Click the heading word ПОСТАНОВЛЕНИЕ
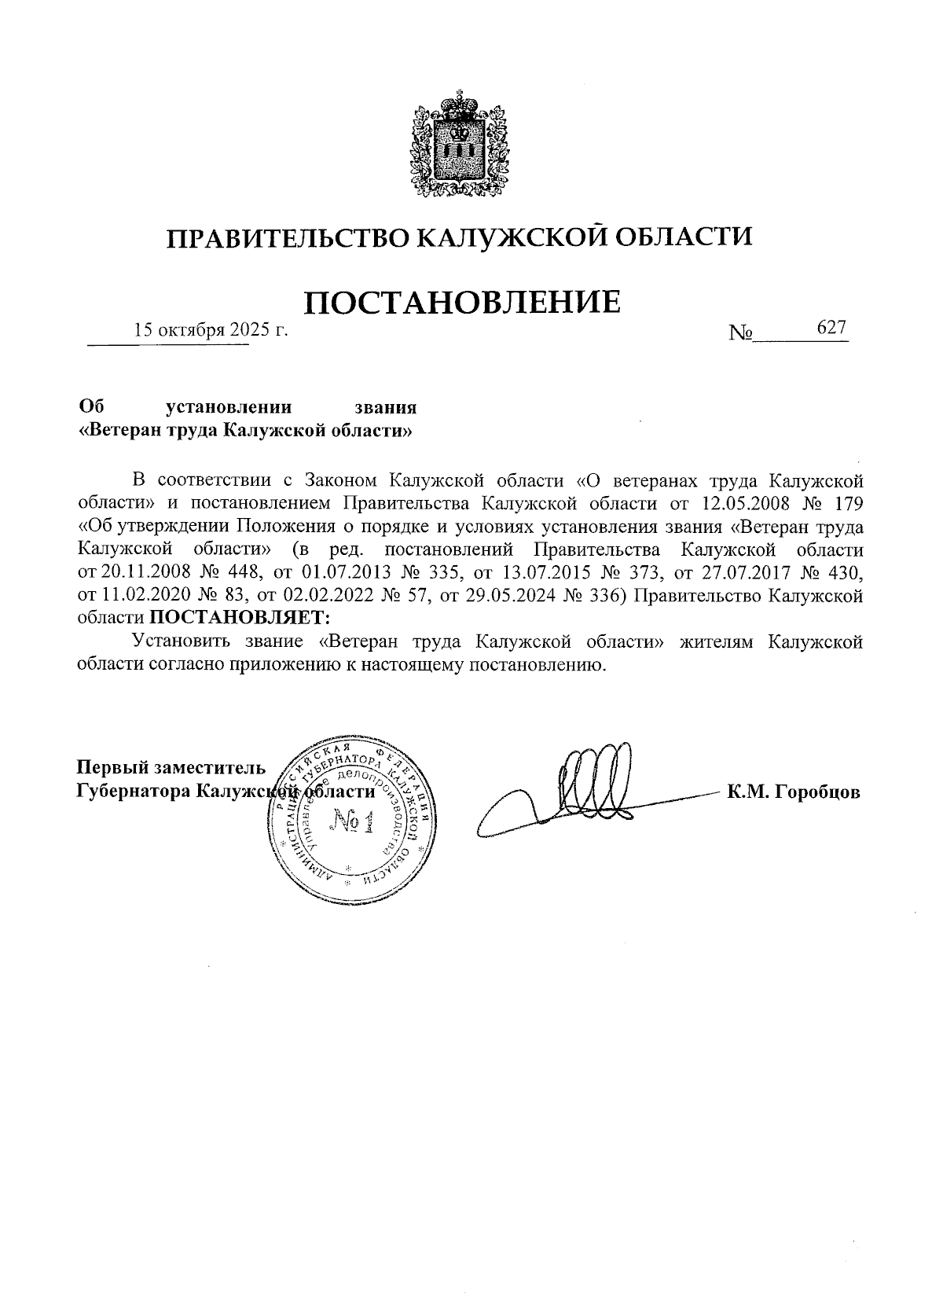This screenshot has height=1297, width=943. click(461, 303)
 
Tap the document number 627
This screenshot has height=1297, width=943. click(831, 327)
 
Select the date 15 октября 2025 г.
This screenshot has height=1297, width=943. click(211, 330)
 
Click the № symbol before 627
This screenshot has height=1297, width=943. click(741, 333)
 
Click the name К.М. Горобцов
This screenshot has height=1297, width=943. click(794, 792)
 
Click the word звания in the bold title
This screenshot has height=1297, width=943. click(384, 407)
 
